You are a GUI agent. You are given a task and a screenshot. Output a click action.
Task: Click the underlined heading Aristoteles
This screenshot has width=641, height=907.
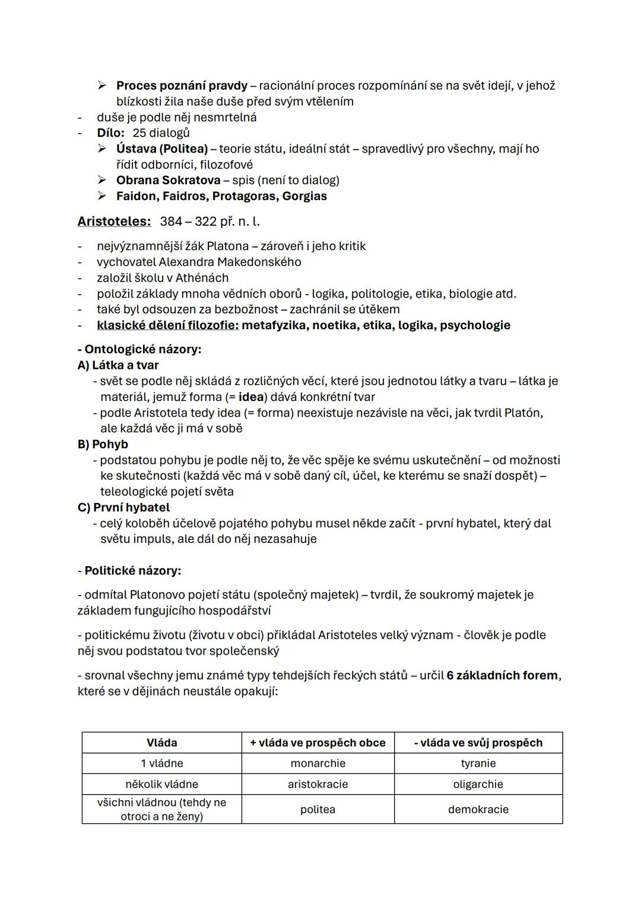click(114, 222)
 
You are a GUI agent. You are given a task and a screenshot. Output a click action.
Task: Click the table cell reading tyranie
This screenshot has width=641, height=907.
click(478, 763)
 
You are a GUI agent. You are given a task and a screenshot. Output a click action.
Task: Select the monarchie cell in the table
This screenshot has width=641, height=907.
click(318, 763)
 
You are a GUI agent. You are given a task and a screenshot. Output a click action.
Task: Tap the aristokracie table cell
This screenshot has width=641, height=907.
click(318, 784)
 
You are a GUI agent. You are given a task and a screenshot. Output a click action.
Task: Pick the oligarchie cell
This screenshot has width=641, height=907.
click(478, 784)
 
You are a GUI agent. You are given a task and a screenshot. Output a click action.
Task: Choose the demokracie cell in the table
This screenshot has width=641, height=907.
click(478, 809)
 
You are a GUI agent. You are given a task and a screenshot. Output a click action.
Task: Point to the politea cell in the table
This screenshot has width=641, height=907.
click(318, 809)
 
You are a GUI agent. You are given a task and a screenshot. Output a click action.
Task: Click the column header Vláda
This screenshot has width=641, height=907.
click(161, 742)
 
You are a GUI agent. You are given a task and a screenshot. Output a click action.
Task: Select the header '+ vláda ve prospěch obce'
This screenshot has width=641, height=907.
click(318, 742)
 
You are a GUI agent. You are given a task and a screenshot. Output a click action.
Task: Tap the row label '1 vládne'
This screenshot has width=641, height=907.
click(161, 763)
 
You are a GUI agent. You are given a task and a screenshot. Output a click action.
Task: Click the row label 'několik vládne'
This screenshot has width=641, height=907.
click(161, 784)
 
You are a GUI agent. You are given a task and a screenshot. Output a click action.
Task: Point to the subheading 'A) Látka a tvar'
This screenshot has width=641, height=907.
click(118, 365)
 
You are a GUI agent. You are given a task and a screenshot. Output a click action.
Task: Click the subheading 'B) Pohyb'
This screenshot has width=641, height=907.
click(103, 444)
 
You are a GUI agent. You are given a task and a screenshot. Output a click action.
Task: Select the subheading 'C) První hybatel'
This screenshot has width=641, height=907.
click(123, 508)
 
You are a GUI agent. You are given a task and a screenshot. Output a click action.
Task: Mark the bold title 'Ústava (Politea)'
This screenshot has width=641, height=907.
click(162, 148)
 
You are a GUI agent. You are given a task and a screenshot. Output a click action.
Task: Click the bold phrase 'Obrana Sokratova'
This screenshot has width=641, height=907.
click(168, 180)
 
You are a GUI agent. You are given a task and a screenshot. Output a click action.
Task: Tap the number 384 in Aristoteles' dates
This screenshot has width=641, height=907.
click(171, 222)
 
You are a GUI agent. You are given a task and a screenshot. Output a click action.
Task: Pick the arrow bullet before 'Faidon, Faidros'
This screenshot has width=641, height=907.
click(103, 196)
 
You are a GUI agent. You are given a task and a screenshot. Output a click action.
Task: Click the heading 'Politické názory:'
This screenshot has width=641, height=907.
click(132, 571)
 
